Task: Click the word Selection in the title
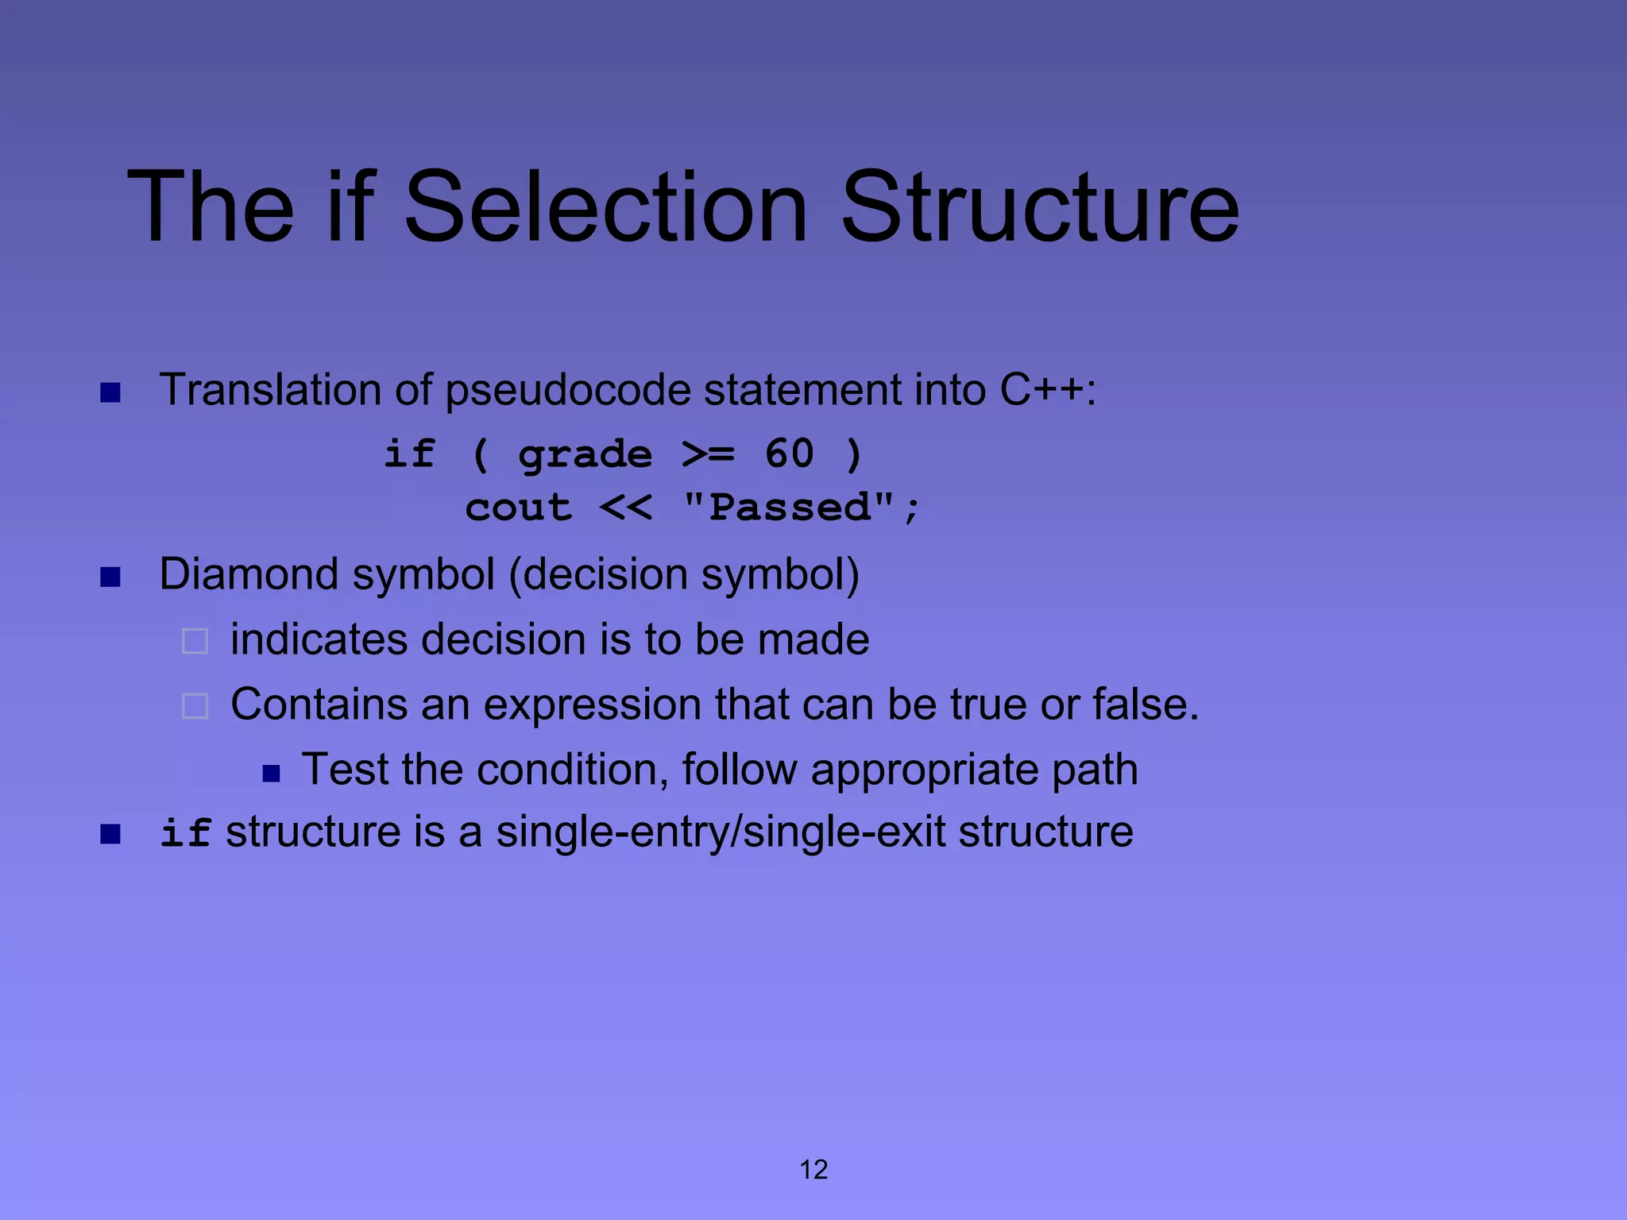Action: (606, 208)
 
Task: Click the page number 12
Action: (813, 1169)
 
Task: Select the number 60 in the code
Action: (789, 454)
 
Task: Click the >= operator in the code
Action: (708, 454)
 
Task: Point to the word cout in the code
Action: (518, 508)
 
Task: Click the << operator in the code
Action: (626, 508)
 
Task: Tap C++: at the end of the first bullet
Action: (1048, 390)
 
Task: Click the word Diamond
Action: (249, 574)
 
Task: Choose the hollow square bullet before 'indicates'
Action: (195, 641)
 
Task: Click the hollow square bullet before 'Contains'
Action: (195, 706)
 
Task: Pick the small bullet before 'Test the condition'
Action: (272, 774)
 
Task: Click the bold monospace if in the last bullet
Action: (184, 833)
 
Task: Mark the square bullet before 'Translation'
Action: (110, 392)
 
